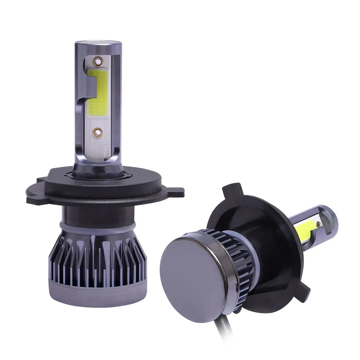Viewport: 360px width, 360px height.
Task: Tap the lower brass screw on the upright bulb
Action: pos(98,131)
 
